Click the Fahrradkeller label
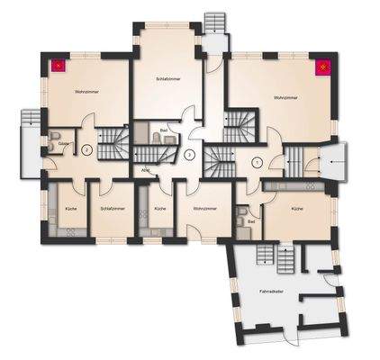(272, 291)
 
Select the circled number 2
(86, 151)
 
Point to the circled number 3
(189, 155)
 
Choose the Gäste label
(63, 142)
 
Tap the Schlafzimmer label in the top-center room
(168, 78)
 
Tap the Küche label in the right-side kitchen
(298, 209)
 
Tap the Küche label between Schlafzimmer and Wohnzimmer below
(159, 209)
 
